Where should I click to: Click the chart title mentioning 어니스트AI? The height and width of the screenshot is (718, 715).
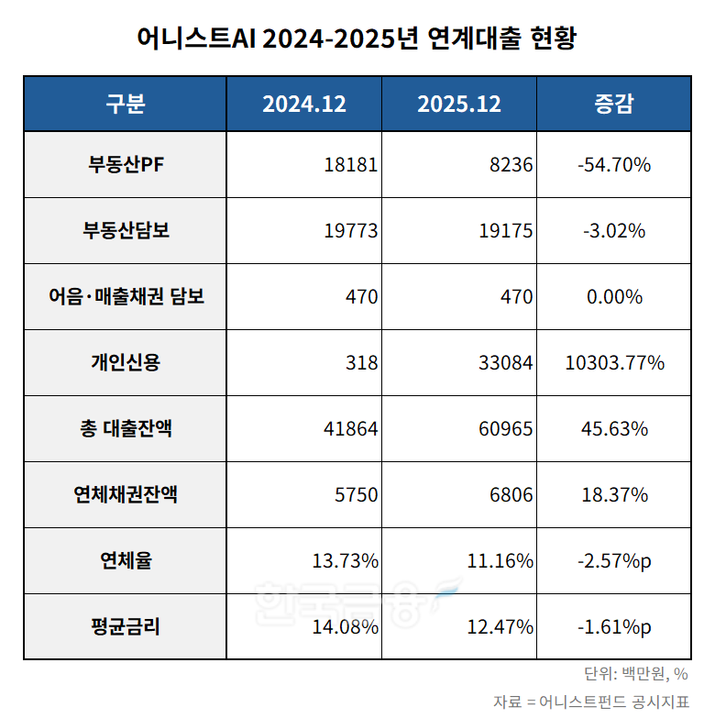tap(357, 39)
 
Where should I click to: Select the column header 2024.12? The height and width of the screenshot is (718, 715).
tap(304, 104)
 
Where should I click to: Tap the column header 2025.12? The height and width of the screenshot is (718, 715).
tap(459, 104)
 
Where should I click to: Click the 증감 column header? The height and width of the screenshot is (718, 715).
tap(613, 104)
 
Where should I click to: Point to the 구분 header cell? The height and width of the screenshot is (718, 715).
tap(125, 104)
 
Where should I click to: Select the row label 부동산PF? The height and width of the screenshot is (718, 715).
tap(125, 165)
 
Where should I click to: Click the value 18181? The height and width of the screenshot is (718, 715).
tap(350, 165)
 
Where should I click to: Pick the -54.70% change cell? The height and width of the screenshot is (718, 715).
tap(614, 165)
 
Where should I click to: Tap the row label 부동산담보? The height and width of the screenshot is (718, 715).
tap(125, 231)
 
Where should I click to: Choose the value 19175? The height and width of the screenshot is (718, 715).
tap(505, 231)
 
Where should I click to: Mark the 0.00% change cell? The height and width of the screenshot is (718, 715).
tap(614, 297)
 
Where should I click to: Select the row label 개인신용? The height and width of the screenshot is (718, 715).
tap(125, 363)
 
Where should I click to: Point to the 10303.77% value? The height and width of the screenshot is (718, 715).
tap(614, 363)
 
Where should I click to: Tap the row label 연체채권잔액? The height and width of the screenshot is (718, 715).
tap(125, 495)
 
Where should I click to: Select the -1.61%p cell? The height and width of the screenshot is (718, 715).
tap(614, 627)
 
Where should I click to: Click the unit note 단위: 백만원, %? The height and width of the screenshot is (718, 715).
tap(635, 674)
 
